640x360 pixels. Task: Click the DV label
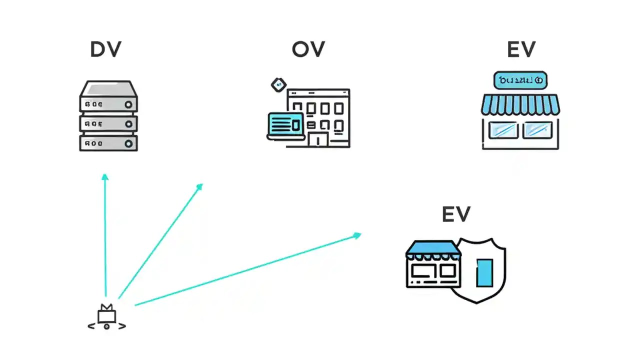point(105,49)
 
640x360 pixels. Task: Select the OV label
point(308,49)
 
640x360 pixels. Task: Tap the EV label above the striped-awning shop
point(521,49)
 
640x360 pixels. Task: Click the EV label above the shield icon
point(456,214)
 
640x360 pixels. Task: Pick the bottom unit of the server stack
point(108,143)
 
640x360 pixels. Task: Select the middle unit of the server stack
point(108,123)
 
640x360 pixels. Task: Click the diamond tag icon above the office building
point(278,84)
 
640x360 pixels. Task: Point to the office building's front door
point(318,139)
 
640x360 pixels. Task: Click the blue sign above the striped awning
point(520,80)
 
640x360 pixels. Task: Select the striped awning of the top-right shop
point(520,104)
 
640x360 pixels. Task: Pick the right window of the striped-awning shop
point(537,130)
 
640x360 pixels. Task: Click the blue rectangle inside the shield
point(484,272)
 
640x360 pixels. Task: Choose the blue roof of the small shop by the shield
point(433,247)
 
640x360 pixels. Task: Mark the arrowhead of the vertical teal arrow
point(104,176)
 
